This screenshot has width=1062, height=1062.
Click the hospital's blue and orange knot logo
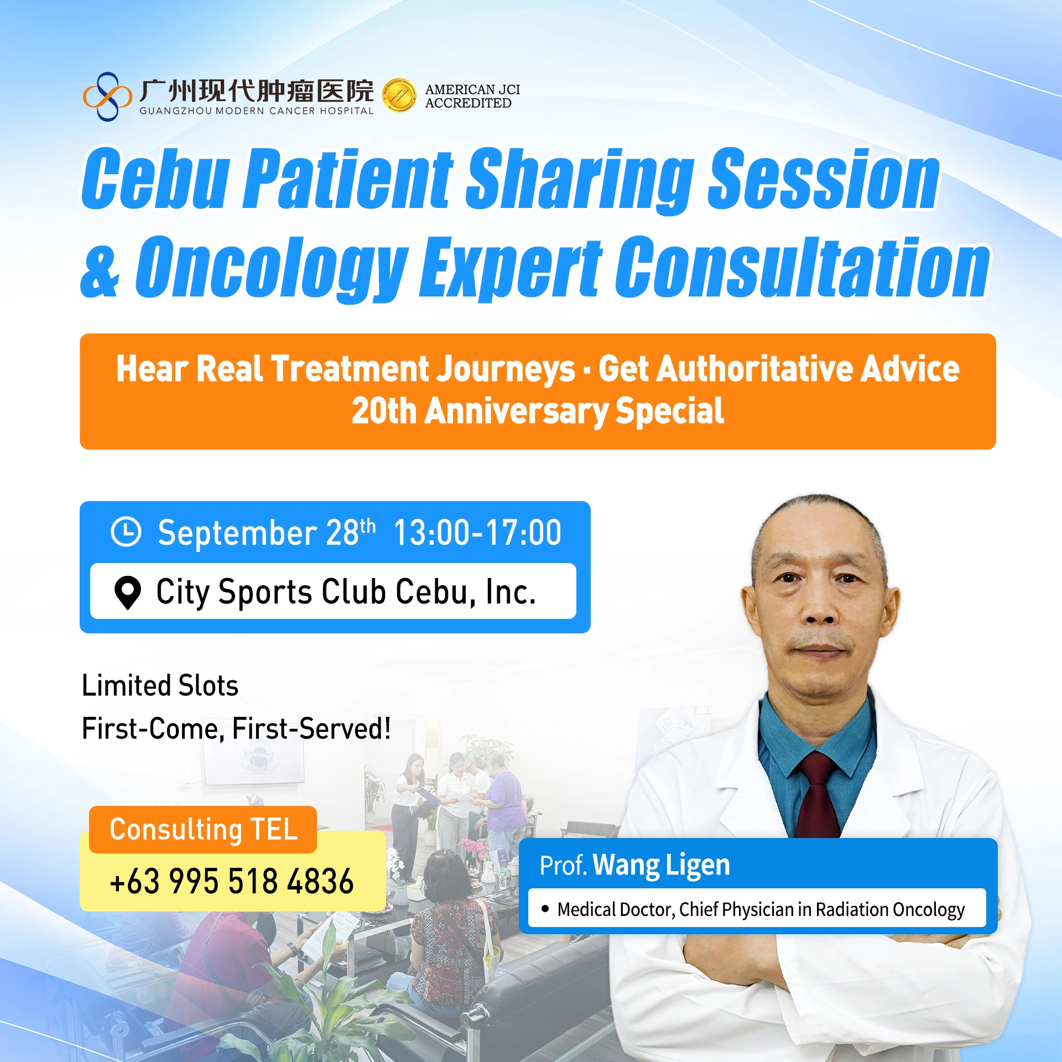[x=107, y=96]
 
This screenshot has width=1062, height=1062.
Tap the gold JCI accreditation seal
[x=399, y=95]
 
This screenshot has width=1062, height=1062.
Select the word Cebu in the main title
[x=155, y=178]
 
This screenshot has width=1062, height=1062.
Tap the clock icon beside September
[x=126, y=532]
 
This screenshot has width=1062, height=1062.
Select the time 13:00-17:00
[x=477, y=533]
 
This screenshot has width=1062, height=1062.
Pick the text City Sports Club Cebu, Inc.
[x=346, y=592]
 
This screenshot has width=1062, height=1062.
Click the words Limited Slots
[x=160, y=685]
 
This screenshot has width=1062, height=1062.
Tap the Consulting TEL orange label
[x=203, y=829]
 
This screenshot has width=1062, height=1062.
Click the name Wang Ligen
[x=662, y=865]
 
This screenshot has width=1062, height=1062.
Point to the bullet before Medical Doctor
[x=545, y=908]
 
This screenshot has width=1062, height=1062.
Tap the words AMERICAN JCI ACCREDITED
[x=472, y=96]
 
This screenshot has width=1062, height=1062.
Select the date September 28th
[x=267, y=533]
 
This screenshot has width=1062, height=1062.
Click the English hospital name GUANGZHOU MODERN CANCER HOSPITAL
[x=257, y=111]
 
